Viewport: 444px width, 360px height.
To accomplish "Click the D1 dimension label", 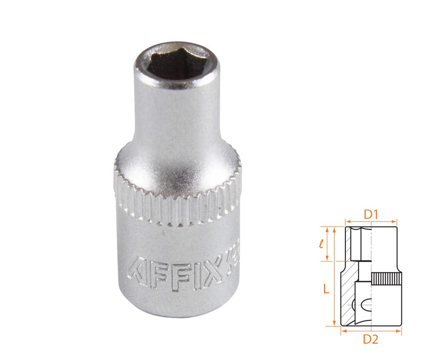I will [x=370, y=215].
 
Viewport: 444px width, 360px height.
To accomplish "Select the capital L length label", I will [x=326, y=289].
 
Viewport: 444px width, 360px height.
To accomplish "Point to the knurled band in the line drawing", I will [x=387, y=278].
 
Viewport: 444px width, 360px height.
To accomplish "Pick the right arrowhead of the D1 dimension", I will [x=394, y=221].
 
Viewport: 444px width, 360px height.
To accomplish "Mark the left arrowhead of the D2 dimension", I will [x=343, y=331].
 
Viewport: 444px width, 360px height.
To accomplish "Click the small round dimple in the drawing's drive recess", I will [x=353, y=306].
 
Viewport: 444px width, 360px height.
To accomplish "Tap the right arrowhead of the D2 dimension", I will [x=399, y=331].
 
